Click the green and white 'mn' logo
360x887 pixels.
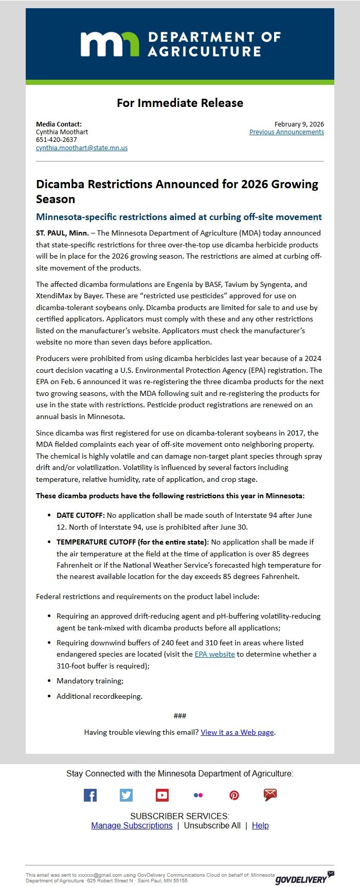coord(110,44)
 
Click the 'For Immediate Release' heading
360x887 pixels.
coord(179,103)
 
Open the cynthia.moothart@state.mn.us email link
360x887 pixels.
coord(82,148)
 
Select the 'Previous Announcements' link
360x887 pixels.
coord(286,132)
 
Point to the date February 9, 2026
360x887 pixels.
coord(299,124)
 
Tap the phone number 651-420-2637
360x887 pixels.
coord(57,140)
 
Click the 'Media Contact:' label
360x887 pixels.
coord(59,124)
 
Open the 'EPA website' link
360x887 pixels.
coord(214,654)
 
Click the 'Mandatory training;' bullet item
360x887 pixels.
coord(90,681)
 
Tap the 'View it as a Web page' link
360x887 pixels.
coord(237,732)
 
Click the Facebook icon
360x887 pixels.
coord(90,795)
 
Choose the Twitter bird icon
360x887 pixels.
coord(126,795)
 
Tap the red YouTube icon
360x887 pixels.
coord(162,795)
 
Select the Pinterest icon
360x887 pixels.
coord(234,795)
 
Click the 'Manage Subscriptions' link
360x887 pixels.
coord(132,825)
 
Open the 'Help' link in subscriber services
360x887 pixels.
coord(260,825)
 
